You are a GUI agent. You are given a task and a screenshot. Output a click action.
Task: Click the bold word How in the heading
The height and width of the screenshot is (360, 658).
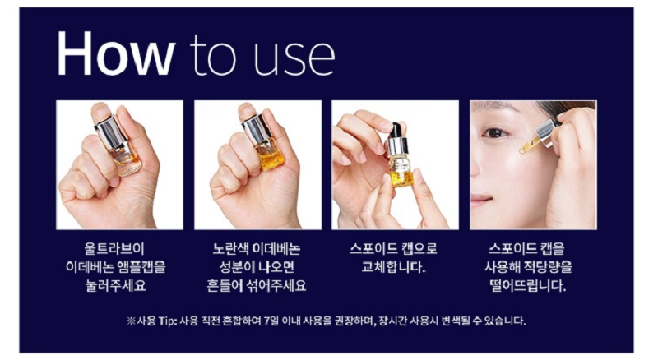(x=116, y=53)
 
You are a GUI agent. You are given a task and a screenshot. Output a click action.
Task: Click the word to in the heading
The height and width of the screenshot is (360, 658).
(x=213, y=55)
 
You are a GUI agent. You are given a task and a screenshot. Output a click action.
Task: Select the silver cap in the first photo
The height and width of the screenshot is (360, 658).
(x=111, y=132)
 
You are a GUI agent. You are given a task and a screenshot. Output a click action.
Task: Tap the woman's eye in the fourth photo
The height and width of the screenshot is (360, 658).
(x=495, y=133)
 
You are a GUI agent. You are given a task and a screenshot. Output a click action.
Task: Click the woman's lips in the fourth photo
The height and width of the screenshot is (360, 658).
(x=480, y=199)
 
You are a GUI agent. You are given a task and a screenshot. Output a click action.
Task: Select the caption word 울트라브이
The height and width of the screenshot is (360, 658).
(x=114, y=248)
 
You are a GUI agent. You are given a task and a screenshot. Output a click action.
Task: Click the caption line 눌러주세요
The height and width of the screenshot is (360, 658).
(x=115, y=285)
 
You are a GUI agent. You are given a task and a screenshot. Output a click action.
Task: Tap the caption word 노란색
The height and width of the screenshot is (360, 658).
(x=230, y=248)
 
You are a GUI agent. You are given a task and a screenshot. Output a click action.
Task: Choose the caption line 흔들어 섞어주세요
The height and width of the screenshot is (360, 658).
(x=256, y=285)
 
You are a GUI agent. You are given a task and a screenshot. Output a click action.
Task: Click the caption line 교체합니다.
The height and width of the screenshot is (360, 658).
(x=393, y=267)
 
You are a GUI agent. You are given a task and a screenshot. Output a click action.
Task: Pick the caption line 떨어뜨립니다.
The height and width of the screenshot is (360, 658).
(x=528, y=285)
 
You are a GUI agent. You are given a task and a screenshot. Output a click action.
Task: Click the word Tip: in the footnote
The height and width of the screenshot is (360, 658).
(x=168, y=321)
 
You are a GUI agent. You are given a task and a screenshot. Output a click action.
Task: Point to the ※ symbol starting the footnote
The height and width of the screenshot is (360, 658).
(x=132, y=321)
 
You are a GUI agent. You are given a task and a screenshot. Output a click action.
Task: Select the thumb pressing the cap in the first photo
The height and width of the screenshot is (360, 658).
(x=102, y=113)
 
